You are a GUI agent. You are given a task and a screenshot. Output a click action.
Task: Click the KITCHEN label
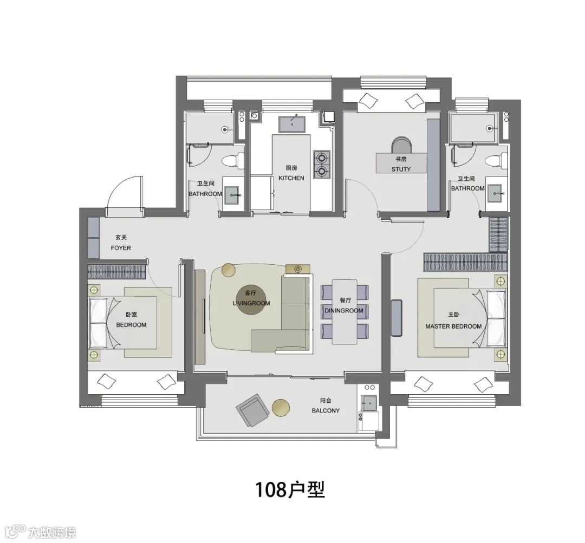291,178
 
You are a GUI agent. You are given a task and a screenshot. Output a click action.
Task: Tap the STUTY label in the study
401,169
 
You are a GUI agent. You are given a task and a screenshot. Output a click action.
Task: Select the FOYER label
121,248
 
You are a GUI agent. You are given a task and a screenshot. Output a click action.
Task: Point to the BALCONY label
326,410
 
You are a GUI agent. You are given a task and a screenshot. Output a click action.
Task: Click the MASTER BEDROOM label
454,326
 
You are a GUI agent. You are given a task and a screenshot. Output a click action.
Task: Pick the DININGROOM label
343,311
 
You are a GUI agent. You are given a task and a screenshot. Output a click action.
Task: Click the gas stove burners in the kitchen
322,165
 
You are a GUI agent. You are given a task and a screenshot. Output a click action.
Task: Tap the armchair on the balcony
253,410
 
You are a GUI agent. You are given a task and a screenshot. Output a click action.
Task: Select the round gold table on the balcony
281,408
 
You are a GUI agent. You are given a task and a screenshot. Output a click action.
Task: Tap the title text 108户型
290,489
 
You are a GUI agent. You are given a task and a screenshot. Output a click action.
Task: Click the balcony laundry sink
368,403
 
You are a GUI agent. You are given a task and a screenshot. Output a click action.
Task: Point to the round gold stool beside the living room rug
229,270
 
